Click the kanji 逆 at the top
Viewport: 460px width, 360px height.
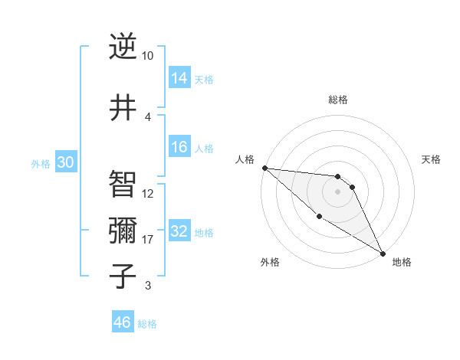tap(123, 47)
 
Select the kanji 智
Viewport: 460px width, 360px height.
tap(123, 185)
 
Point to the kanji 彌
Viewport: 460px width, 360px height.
tap(123, 231)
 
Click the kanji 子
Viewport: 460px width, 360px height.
tap(123, 277)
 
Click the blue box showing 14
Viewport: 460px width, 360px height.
tap(179, 78)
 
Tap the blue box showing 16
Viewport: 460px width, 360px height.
tap(179, 148)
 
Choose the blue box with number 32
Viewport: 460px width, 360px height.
tap(179, 232)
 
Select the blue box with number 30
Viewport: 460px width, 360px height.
tap(65, 163)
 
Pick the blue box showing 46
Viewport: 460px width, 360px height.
tap(123, 322)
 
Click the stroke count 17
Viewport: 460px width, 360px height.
tap(148, 240)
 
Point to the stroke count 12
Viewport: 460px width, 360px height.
tap(148, 194)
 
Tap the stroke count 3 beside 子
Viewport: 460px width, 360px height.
tap(148, 286)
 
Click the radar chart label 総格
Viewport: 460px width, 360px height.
tap(337, 100)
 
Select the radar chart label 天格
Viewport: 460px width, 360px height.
tap(432, 159)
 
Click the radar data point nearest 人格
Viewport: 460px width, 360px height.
tap(264, 168)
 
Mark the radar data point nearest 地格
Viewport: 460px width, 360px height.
tap(383, 253)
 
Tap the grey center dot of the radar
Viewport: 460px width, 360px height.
tap(337, 191)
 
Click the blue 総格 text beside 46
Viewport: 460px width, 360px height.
tap(147, 324)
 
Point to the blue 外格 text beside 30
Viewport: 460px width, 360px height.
tap(40, 164)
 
